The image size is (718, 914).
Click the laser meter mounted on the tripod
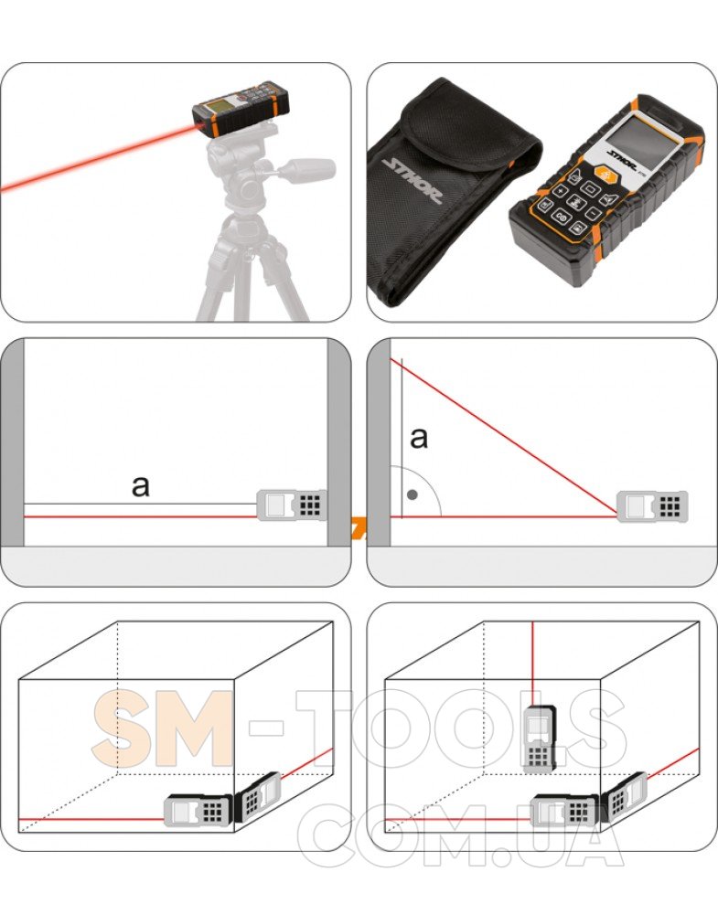tap(241, 110)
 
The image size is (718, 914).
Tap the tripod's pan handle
tap(305, 169)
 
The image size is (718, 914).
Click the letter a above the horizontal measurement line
tap(141, 485)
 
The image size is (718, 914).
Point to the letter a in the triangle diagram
tap(419, 437)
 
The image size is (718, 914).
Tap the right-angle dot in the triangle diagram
tap(413, 494)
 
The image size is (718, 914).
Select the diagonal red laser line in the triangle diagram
tap(503, 437)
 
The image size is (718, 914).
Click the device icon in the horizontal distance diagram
tap(291, 505)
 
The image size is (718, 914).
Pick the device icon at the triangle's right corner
tap(652, 506)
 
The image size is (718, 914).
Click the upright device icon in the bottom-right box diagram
tap(540, 739)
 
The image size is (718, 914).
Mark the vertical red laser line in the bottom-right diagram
tap(532, 664)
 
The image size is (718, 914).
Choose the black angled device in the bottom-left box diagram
tap(257, 797)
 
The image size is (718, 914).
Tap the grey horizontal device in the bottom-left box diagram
tap(198, 810)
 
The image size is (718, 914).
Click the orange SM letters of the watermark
tap(164, 728)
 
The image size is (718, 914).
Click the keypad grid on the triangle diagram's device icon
tap(670, 506)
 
